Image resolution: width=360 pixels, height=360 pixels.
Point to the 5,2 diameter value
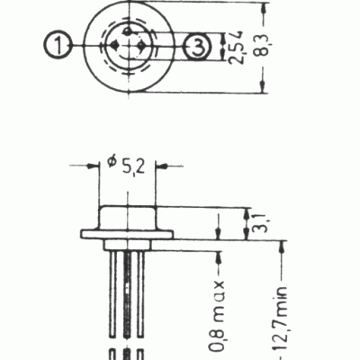[136, 166]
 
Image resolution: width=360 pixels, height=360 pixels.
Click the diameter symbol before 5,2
[112, 162]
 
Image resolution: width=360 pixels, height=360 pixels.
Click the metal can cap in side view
[127, 217]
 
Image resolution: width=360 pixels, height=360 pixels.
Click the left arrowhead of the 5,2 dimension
[92, 166]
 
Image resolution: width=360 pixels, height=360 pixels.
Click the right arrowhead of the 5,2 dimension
[162, 166]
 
